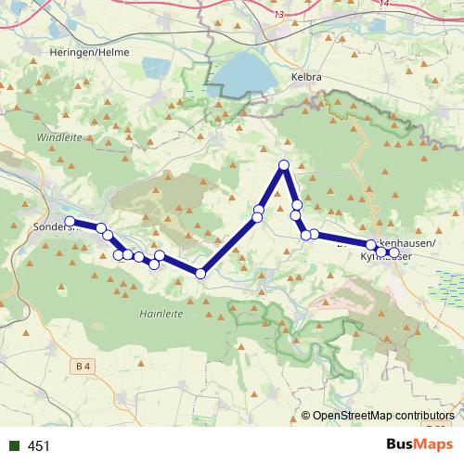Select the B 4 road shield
[x=84, y=342]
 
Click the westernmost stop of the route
[x=70, y=221]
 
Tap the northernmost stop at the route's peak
[x=284, y=165]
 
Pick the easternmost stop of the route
[x=393, y=252]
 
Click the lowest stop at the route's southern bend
[x=200, y=273]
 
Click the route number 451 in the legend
[x=39, y=446]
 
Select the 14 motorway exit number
[x=385, y=6]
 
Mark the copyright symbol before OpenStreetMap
[x=306, y=417]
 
